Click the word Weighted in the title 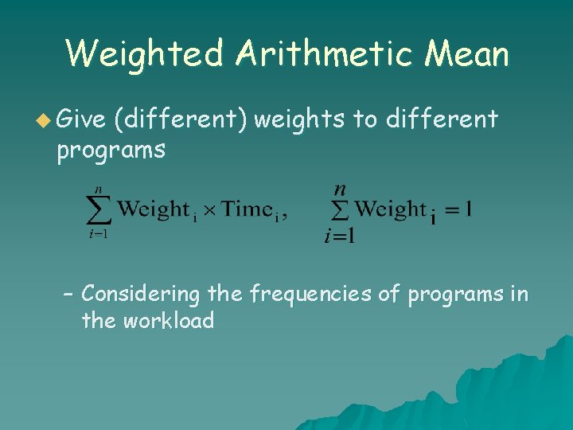pyautogui.click(x=144, y=54)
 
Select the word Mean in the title pyautogui.click(x=467, y=54)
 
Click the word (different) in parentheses pyautogui.click(x=180, y=120)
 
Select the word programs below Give pyautogui.click(x=111, y=149)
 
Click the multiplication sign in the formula pyautogui.click(x=209, y=210)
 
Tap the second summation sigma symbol pyautogui.click(x=340, y=209)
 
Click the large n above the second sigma pyautogui.click(x=339, y=190)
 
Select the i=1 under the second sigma pyautogui.click(x=339, y=235)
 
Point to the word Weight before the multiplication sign pyautogui.click(x=153, y=209)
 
